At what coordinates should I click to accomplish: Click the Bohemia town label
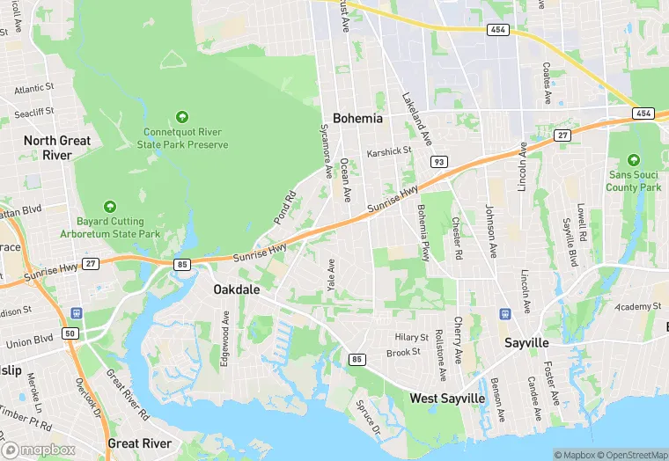coord(357,118)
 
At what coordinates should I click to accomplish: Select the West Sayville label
coord(447,399)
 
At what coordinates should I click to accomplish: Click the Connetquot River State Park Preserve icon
coord(182,117)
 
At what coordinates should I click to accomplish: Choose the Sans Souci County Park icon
coord(633,160)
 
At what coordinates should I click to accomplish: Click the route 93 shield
coord(438,162)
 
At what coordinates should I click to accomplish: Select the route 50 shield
coord(70,333)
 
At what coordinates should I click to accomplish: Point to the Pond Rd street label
coord(283,205)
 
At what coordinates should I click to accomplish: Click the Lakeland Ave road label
coord(416,120)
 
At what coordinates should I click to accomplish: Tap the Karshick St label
coord(389,151)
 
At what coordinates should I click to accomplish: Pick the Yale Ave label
coord(331,275)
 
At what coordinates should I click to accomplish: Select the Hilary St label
coord(410,338)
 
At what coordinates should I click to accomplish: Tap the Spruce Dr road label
coord(368,418)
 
